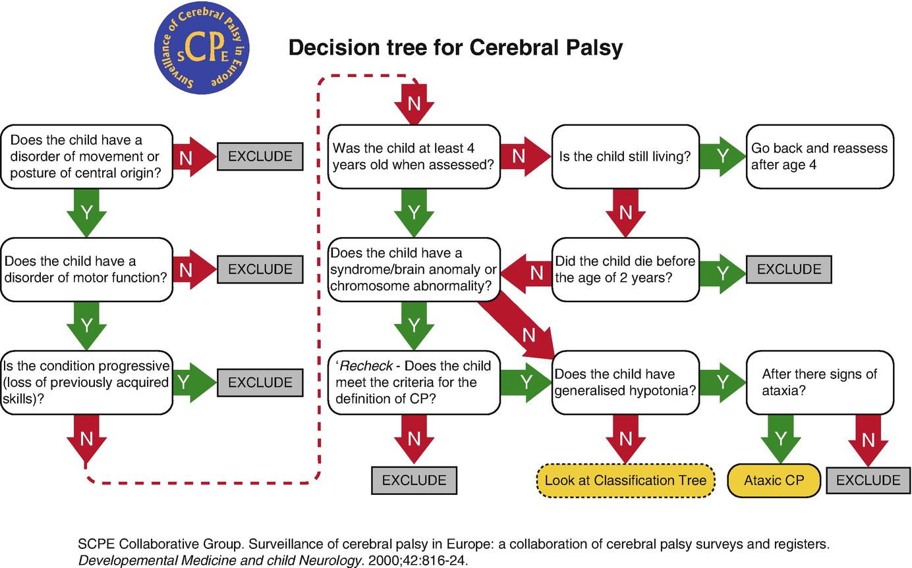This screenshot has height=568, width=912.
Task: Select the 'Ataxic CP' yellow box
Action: pyautogui.click(x=774, y=480)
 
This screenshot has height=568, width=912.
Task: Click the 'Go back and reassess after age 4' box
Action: pyautogui.click(x=820, y=157)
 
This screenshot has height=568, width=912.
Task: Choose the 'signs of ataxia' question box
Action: pyautogui.click(x=820, y=382)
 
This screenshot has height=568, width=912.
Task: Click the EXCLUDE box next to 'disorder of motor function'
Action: pyautogui.click(x=260, y=269)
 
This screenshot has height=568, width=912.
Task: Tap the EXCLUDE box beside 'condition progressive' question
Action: pyautogui.click(x=260, y=382)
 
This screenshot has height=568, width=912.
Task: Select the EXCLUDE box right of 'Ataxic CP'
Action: pyautogui.click(x=868, y=480)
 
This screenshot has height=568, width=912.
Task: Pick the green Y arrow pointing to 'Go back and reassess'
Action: pyautogui.click(x=721, y=157)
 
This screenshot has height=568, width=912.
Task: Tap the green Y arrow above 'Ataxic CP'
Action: pyautogui.click(x=781, y=438)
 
